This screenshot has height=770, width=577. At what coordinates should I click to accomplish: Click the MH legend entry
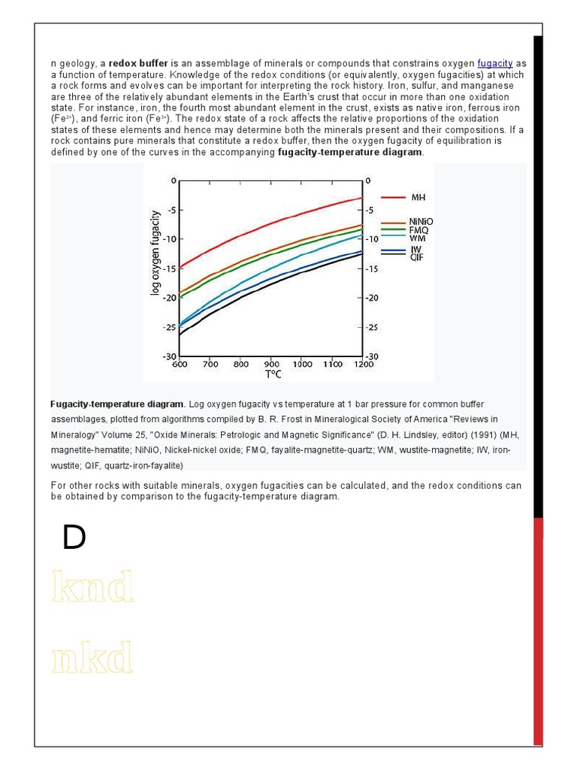418,197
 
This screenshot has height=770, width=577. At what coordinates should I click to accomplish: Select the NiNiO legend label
421,222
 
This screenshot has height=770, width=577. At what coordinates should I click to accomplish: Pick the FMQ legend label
419,230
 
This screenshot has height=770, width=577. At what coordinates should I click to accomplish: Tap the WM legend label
418,238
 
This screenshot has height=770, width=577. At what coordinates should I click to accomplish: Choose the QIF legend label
418,256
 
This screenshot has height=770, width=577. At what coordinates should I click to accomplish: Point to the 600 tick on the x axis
180,365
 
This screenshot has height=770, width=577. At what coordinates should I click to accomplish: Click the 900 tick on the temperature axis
272,365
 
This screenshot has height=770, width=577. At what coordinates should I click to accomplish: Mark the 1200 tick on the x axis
363,365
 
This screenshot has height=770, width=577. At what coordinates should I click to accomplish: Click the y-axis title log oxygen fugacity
156,253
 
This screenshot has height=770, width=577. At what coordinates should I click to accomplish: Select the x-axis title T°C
273,374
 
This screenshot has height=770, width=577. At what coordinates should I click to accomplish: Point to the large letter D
74,538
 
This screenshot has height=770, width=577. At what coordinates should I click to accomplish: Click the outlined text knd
93,587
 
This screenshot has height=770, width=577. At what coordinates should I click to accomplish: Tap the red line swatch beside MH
394,197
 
